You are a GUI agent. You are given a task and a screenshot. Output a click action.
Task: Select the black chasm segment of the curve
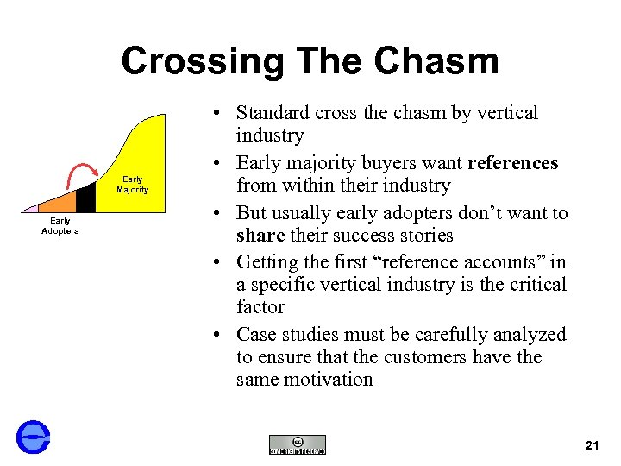85,198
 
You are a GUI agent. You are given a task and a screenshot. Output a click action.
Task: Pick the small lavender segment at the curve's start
31,208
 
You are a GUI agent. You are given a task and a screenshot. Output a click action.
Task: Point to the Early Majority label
133,185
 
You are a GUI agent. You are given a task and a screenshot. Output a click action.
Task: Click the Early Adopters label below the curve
60,226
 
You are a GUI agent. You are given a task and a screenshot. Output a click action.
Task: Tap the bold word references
511,163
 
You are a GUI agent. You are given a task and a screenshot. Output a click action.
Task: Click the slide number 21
592,445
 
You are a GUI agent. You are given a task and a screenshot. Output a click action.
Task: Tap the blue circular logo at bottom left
34,437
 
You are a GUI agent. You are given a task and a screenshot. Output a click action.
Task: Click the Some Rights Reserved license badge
298,444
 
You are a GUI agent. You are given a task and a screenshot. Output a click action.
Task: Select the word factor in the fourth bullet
260,307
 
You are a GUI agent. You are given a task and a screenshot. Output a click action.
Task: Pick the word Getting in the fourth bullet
268,262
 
